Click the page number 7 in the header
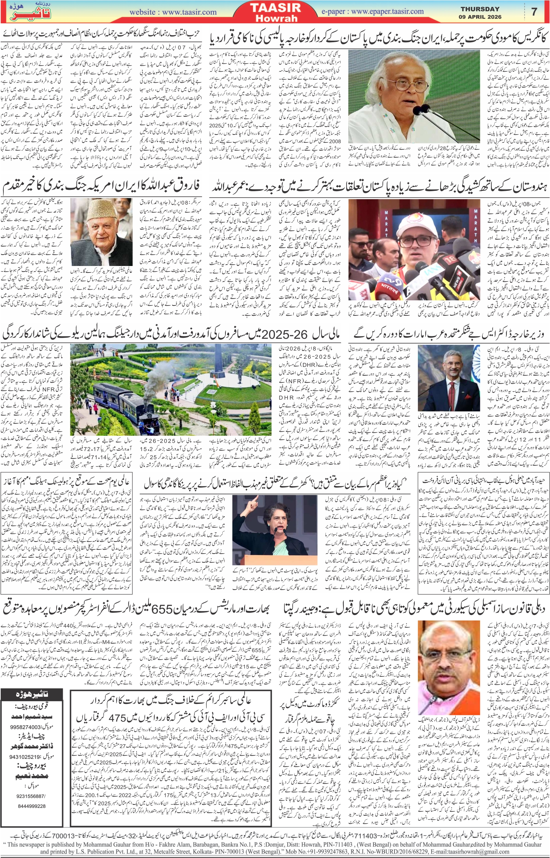(534, 12)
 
